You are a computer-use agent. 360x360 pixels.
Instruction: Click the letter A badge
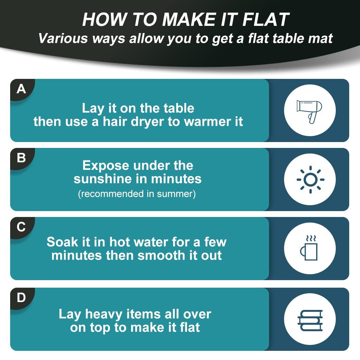click(21, 89)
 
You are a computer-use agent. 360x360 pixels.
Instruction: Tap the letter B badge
click(21, 158)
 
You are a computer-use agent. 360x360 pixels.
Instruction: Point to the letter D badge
click(21, 298)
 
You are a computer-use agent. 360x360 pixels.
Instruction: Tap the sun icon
click(310, 180)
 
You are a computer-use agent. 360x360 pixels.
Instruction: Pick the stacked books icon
click(310, 320)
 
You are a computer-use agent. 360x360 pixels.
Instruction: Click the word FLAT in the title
click(266, 20)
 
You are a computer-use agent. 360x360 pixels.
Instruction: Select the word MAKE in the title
click(189, 20)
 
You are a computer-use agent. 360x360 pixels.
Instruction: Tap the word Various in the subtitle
click(63, 38)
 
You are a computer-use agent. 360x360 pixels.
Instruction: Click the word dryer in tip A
click(147, 122)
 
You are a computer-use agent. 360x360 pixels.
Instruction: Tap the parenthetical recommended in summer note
click(137, 194)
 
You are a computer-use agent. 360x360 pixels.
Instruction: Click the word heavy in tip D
click(103, 315)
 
